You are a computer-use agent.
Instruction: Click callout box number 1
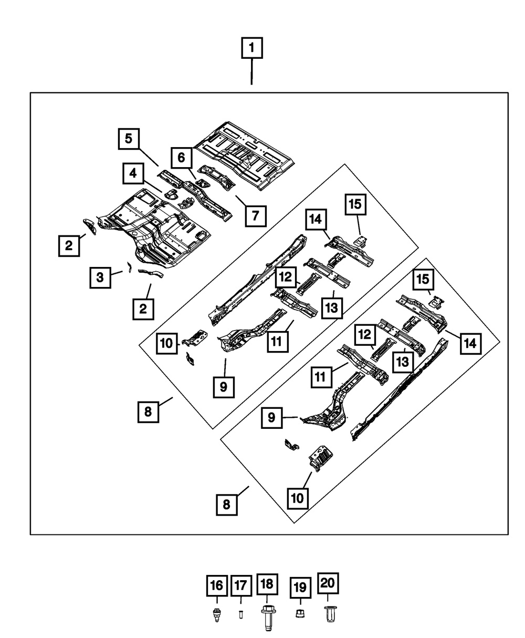[x=252, y=48]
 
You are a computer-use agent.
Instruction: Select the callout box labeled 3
[x=100, y=277]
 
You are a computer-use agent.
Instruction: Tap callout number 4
[x=133, y=173]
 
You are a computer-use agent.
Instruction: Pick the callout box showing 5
[x=129, y=139]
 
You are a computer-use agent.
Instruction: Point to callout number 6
[x=182, y=158]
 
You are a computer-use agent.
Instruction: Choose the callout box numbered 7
[x=256, y=216]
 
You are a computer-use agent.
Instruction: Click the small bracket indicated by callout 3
[x=129, y=267]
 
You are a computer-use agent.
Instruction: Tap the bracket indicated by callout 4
[x=172, y=194]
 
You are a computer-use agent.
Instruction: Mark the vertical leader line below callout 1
[x=251, y=71]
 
